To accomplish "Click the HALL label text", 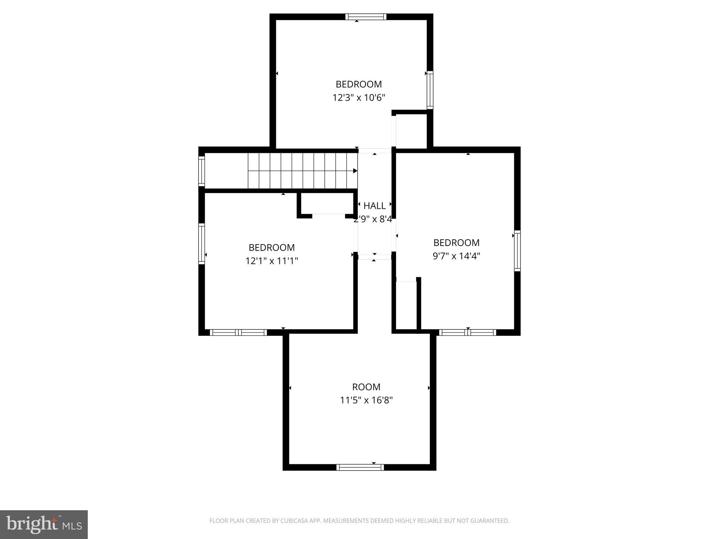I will pos(374,206).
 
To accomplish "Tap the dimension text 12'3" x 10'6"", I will pos(359,98).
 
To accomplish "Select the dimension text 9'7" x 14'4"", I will pos(456,256).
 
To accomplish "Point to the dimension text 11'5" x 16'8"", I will pos(366,400).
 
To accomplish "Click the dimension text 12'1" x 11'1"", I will pos(272,261).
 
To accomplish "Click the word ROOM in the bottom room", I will pos(366,387).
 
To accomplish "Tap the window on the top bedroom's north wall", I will pos(366,17).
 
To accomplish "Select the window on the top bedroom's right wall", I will pos(430,90).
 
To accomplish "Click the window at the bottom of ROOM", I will pos(360,467).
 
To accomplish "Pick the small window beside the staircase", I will pos(202,171).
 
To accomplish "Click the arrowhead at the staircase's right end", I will pos(355,171).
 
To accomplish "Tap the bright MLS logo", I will pos(44,524).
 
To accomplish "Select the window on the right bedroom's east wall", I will pos(517,251).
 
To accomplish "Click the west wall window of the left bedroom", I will pos(202,244).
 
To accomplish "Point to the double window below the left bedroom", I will pos(238,332).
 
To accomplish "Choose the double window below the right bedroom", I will pos(468,332).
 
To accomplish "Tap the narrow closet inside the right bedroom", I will pos(406,305).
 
